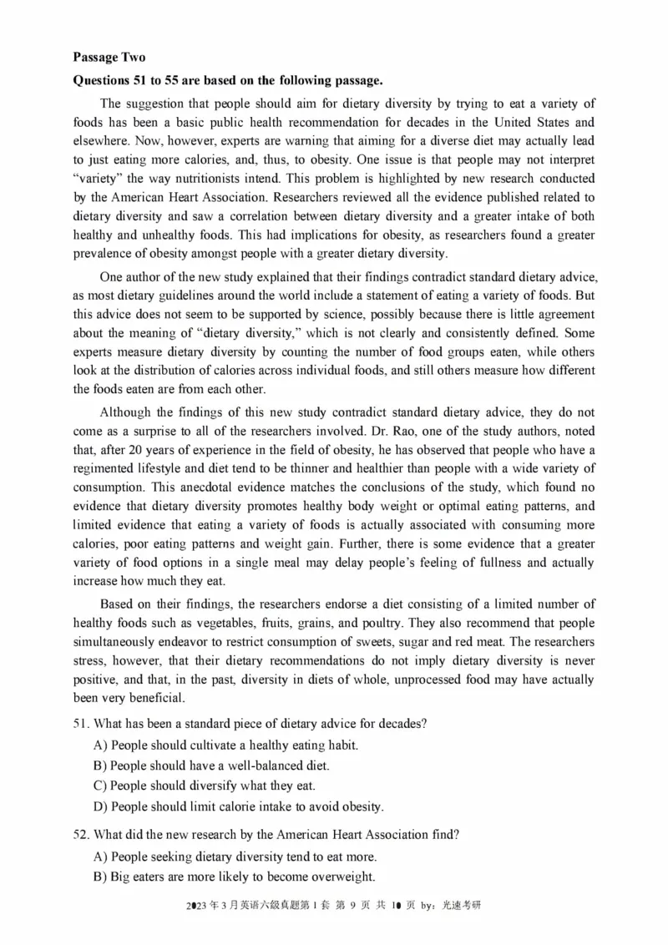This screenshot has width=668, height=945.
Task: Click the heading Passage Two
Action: coord(109,57)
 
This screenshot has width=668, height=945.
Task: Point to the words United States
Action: coord(551,122)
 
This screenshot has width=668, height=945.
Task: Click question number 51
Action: coord(83,723)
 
